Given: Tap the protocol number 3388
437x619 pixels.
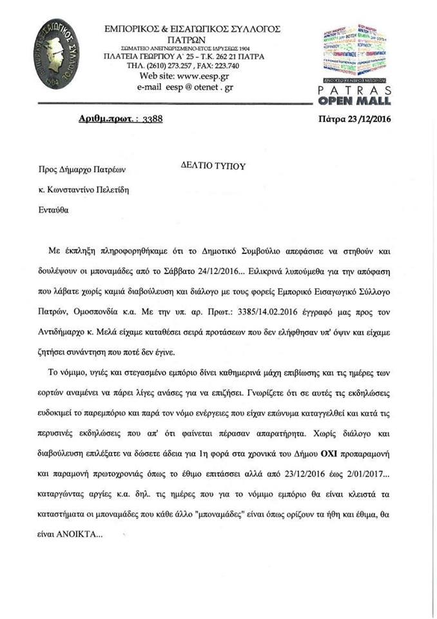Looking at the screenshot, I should pos(153,119).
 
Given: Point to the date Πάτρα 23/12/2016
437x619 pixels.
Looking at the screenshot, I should pos(355,119).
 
